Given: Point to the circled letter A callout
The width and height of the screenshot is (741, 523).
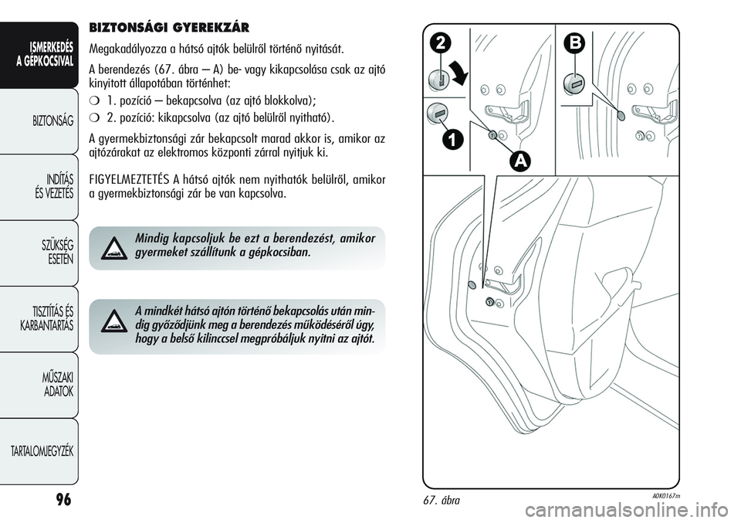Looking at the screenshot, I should (522, 160).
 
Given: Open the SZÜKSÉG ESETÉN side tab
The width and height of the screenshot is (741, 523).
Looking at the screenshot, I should (56, 253).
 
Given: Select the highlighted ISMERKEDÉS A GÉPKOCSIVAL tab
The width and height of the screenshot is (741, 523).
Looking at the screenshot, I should (49, 55).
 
